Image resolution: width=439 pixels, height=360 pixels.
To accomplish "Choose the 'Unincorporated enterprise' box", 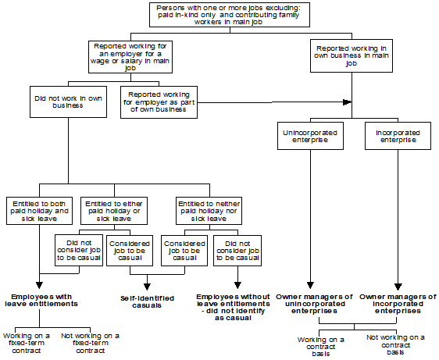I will point(310,136).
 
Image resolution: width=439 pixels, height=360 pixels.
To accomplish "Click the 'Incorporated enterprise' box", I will point(398,136).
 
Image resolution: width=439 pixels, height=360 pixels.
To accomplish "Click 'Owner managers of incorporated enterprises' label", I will point(398,304).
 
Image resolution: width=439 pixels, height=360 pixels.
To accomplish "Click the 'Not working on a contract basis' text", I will point(396,344).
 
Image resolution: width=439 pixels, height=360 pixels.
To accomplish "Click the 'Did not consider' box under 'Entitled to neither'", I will point(237,250).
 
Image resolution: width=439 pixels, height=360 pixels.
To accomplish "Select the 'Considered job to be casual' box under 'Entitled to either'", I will point(129,250).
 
